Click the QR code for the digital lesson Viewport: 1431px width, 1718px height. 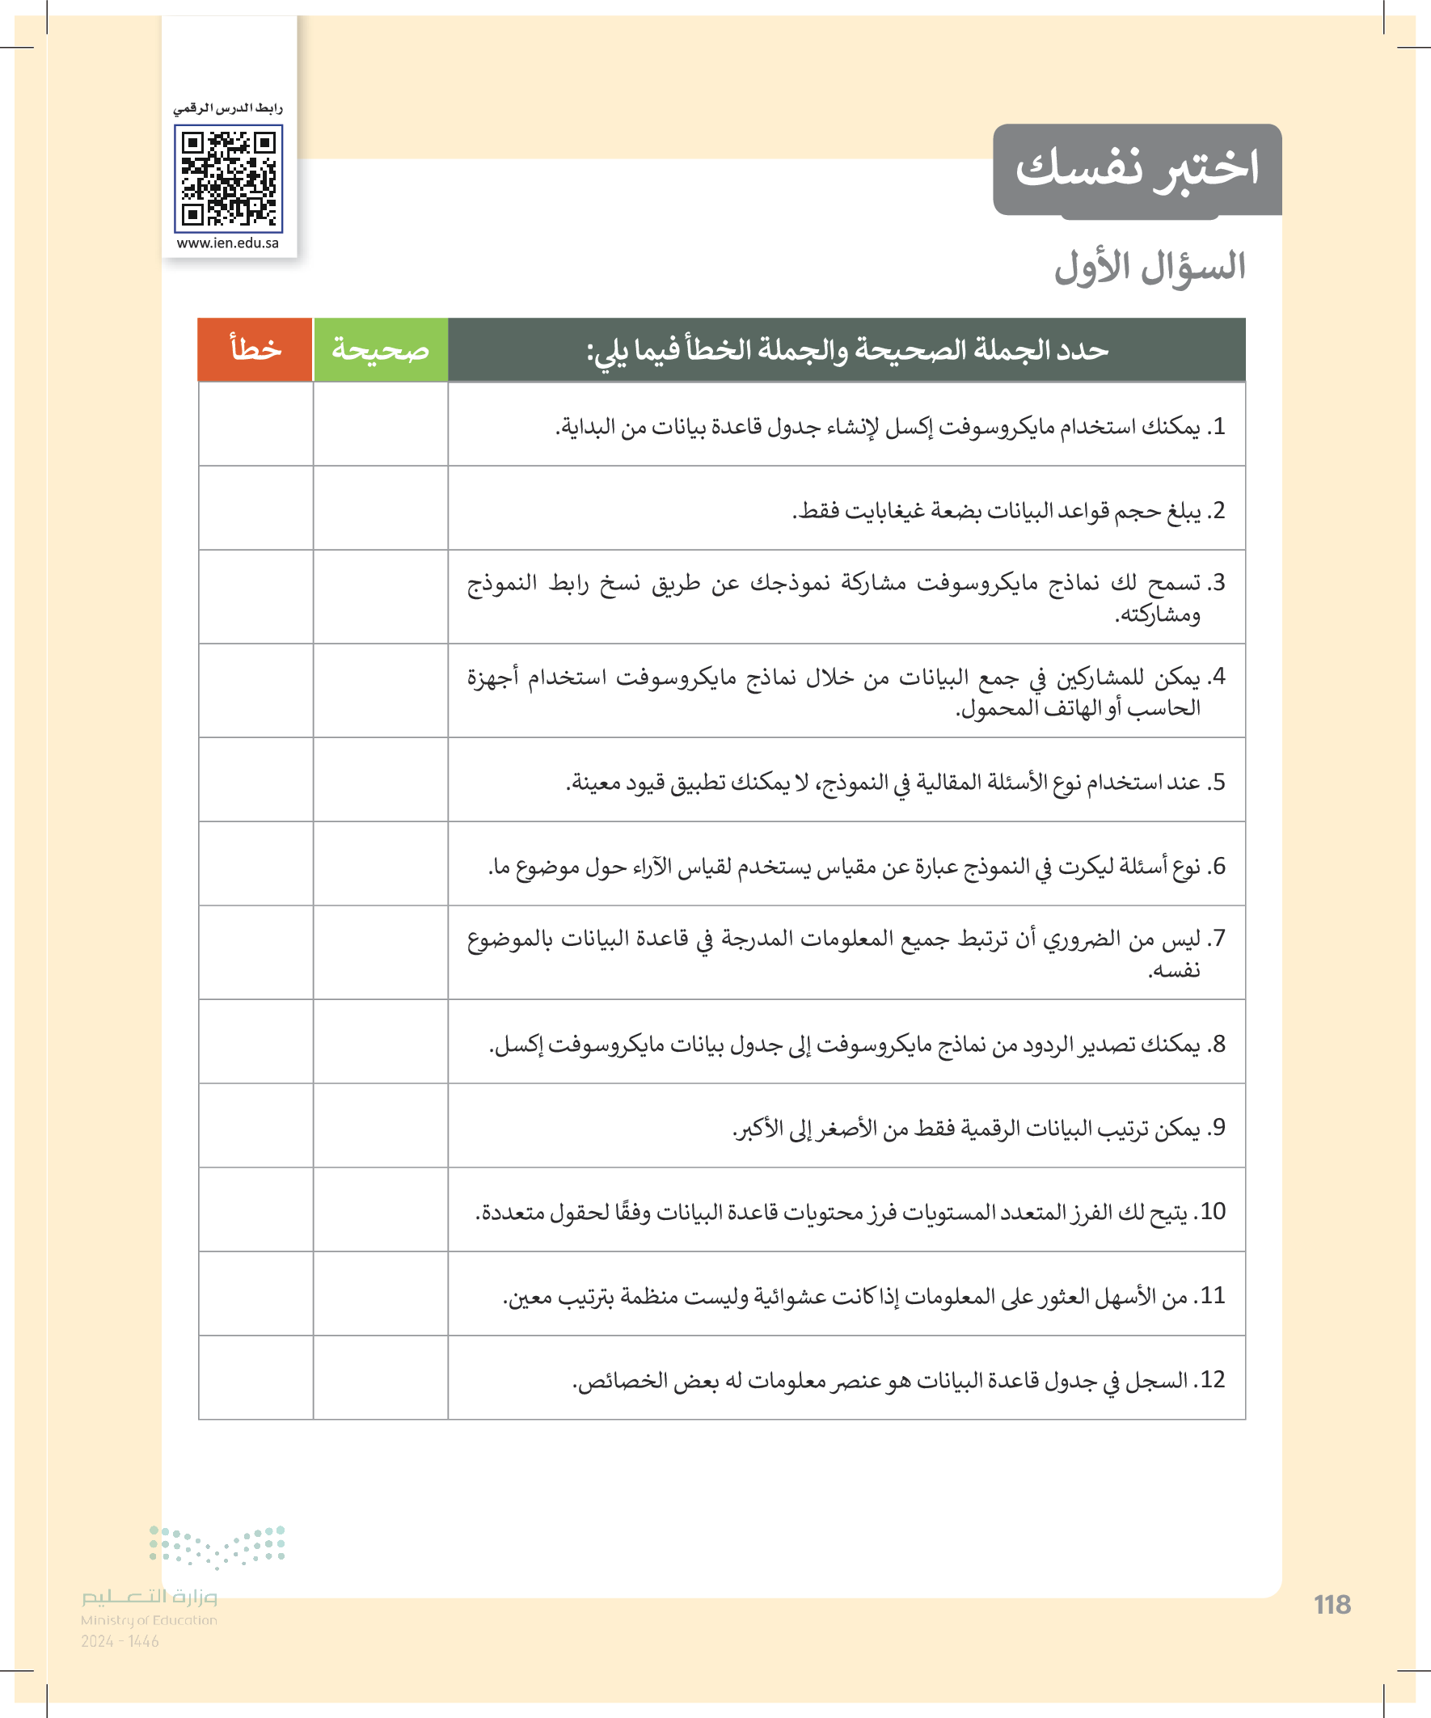coord(228,179)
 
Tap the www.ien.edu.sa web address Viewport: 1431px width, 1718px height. coord(227,243)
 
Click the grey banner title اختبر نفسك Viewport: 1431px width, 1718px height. coord(1137,168)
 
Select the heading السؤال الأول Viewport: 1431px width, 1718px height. coord(1150,268)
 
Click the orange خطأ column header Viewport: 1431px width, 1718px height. coord(255,349)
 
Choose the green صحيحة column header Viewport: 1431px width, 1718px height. coord(381,349)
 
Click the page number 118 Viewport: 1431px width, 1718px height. coord(1332,1604)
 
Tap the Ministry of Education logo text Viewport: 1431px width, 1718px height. coord(149,1606)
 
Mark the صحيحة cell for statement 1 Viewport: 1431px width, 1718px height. coord(381,424)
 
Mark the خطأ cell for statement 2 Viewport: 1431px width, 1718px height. coord(255,508)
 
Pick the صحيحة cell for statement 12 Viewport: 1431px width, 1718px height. coord(381,1378)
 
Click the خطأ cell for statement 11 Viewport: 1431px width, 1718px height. coord(255,1294)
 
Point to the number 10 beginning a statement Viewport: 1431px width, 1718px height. coord(1212,1211)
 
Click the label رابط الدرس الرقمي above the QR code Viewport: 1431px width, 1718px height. coord(227,108)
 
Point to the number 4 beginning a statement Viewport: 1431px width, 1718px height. coord(1218,677)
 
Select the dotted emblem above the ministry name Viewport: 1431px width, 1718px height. coord(217,1546)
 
